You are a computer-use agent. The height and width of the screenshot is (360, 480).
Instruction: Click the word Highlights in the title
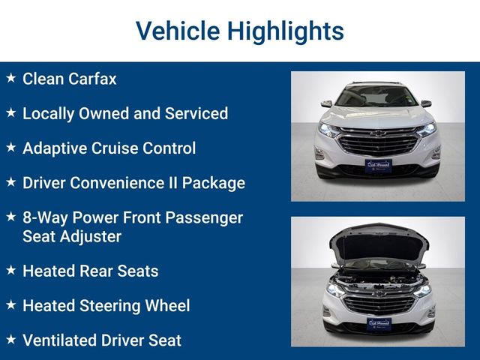[x=286, y=31]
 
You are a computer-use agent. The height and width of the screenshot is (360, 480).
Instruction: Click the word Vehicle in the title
[x=178, y=31]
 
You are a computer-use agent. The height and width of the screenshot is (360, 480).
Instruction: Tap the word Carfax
[x=92, y=79]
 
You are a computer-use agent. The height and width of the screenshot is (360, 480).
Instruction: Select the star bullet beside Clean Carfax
[x=11, y=78]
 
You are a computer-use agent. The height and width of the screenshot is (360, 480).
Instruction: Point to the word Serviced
[x=196, y=113]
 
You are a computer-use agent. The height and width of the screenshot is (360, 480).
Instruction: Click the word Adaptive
[x=55, y=148]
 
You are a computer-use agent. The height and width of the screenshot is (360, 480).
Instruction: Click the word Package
[x=214, y=183]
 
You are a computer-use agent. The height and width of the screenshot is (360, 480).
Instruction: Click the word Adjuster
[x=91, y=237]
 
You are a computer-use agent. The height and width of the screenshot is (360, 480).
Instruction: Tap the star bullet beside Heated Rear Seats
[x=11, y=270]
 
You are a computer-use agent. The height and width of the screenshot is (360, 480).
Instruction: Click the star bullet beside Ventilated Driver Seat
[x=11, y=339]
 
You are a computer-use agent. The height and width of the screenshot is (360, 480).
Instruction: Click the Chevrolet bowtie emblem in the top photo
[x=378, y=133]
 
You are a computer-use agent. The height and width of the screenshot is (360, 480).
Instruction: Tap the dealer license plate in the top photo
[x=378, y=166]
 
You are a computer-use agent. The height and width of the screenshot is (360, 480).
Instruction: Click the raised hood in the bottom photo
[x=379, y=242]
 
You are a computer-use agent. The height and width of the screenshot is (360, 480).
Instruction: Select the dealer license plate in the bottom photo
[x=379, y=325]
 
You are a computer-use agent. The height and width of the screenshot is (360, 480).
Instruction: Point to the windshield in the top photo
[x=376, y=96]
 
